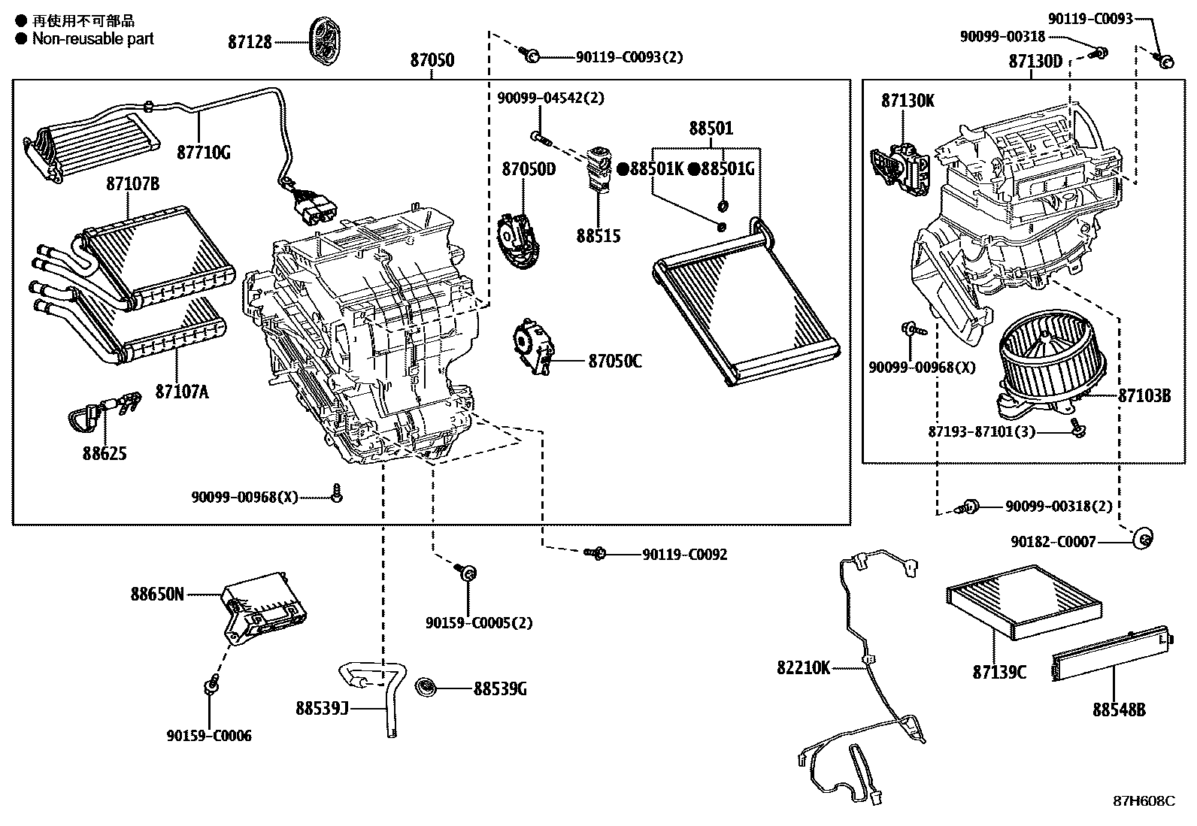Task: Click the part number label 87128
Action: pyautogui.click(x=250, y=43)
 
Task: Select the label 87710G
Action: pyautogui.click(x=204, y=153)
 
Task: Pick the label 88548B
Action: pyautogui.click(x=1119, y=709)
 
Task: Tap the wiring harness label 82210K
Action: pyautogui.click(x=803, y=667)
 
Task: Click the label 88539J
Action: pyautogui.click(x=321, y=708)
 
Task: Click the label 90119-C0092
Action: pyautogui.click(x=684, y=555)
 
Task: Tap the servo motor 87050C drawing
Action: pyautogui.click(x=535, y=347)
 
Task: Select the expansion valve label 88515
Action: pyautogui.click(x=598, y=236)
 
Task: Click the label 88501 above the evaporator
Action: pyautogui.click(x=711, y=129)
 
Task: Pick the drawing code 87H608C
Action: pyautogui.click(x=1144, y=800)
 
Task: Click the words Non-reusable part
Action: pyautogui.click(x=92, y=39)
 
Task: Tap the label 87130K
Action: pyautogui.click(x=908, y=100)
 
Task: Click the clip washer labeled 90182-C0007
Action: pyautogui.click(x=1143, y=537)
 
